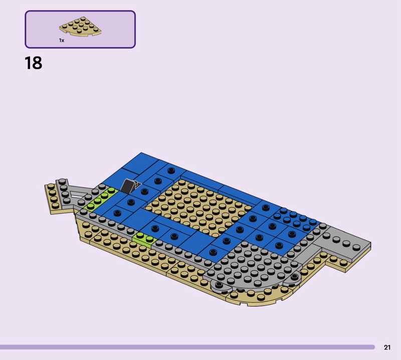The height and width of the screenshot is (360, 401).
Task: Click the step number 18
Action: (34, 63)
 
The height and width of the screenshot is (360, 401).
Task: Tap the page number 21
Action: (387, 347)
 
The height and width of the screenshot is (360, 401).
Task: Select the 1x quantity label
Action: (62, 41)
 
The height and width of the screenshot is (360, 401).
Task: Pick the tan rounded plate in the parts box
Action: (80, 26)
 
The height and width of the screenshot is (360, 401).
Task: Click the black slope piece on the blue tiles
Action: (129, 186)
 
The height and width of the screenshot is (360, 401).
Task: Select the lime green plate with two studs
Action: (144, 239)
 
